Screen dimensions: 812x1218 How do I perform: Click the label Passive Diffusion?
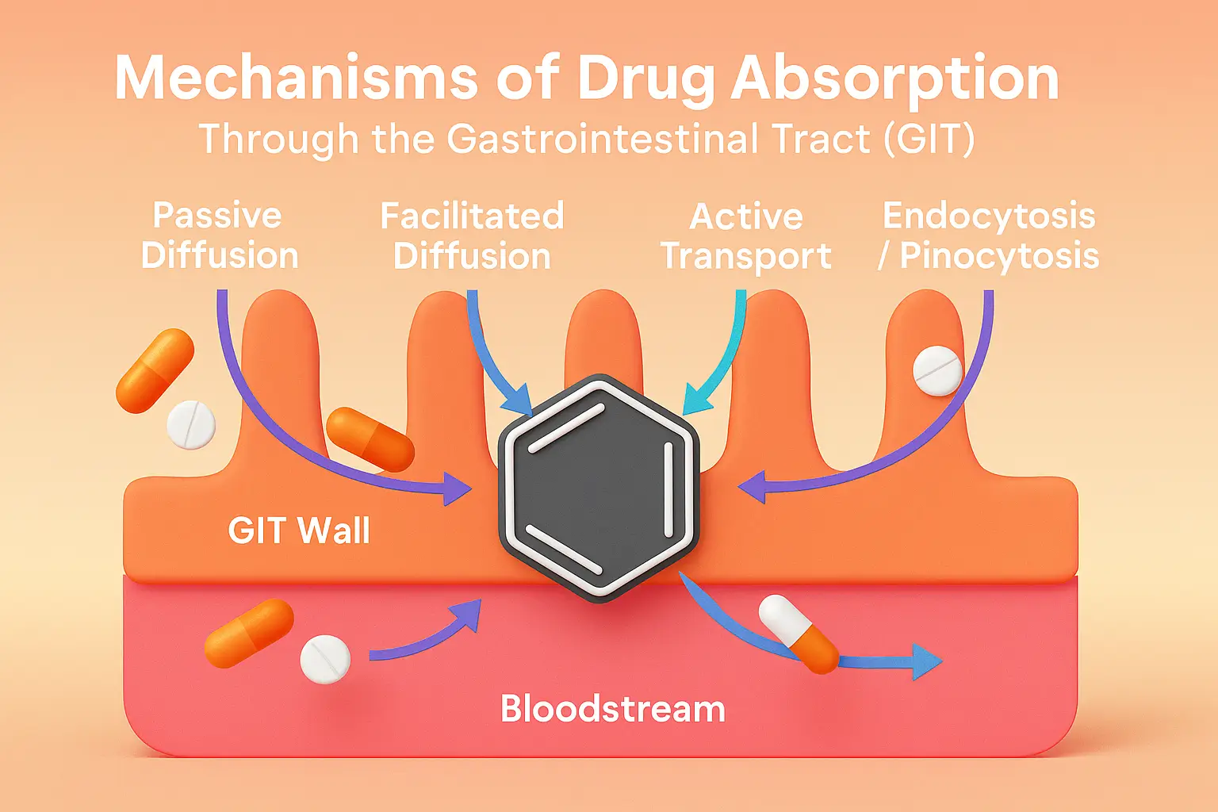(x=219, y=236)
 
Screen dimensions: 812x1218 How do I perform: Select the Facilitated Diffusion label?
(x=472, y=236)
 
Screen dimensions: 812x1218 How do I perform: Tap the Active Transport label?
(x=745, y=236)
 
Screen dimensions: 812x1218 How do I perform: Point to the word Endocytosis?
(x=989, y=216)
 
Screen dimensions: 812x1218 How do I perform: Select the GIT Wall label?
(x=299, y=530)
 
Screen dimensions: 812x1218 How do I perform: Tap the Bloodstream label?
(x=612, y=708)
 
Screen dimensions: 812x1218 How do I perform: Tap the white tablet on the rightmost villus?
(x=937, y=370)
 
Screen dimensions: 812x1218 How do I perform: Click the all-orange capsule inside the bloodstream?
(x=249, y=632)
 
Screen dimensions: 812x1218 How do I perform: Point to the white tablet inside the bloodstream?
(x=325, y=659)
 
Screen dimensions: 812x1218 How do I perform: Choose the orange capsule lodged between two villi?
(x=370, y=439)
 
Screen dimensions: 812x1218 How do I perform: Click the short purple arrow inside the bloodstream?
(x=428, y=634)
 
